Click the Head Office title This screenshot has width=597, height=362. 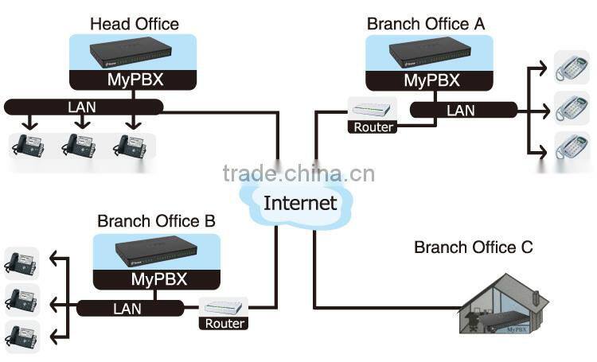coord(134,25)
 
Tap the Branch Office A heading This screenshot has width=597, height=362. coord(425,24)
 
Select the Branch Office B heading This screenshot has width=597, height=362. coord(156,220)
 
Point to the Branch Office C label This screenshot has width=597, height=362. coord(473,247)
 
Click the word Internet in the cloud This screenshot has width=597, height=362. coord(300,202)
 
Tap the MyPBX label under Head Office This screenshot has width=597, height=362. coord(135,80)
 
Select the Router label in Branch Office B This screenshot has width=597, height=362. coord(225,323)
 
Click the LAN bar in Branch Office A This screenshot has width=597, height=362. coord(460,111)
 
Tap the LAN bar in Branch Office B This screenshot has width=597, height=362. coord(127,307)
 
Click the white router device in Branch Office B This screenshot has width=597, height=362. coord(224,306)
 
